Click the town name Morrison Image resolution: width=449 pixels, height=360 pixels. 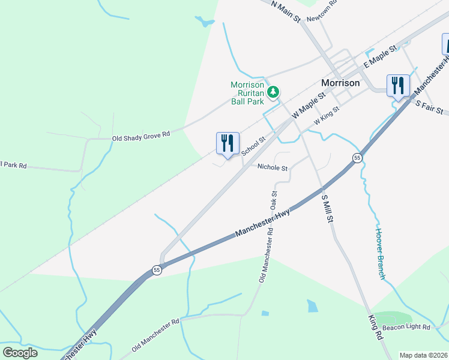tap(340, 83)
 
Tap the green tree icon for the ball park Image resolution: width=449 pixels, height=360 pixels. tap(274, 92)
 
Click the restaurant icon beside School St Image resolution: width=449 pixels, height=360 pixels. tap(228, 145)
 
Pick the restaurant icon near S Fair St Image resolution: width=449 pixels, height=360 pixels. tap(398, 86)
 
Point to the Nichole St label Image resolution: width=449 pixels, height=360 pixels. tap(273, 168)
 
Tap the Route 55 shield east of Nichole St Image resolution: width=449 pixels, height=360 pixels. tap(357, 158)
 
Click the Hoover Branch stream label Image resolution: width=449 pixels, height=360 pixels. tap(379, 253)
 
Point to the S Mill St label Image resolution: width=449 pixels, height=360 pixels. tap(327, 208)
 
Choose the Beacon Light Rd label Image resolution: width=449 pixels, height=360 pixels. tap(406, 328)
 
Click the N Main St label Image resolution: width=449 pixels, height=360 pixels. tap(285, 11)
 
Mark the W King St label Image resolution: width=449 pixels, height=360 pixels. tap(326, 116)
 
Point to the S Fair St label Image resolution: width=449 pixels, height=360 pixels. tap(429, 107)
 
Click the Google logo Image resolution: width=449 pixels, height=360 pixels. tap(20, 353)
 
